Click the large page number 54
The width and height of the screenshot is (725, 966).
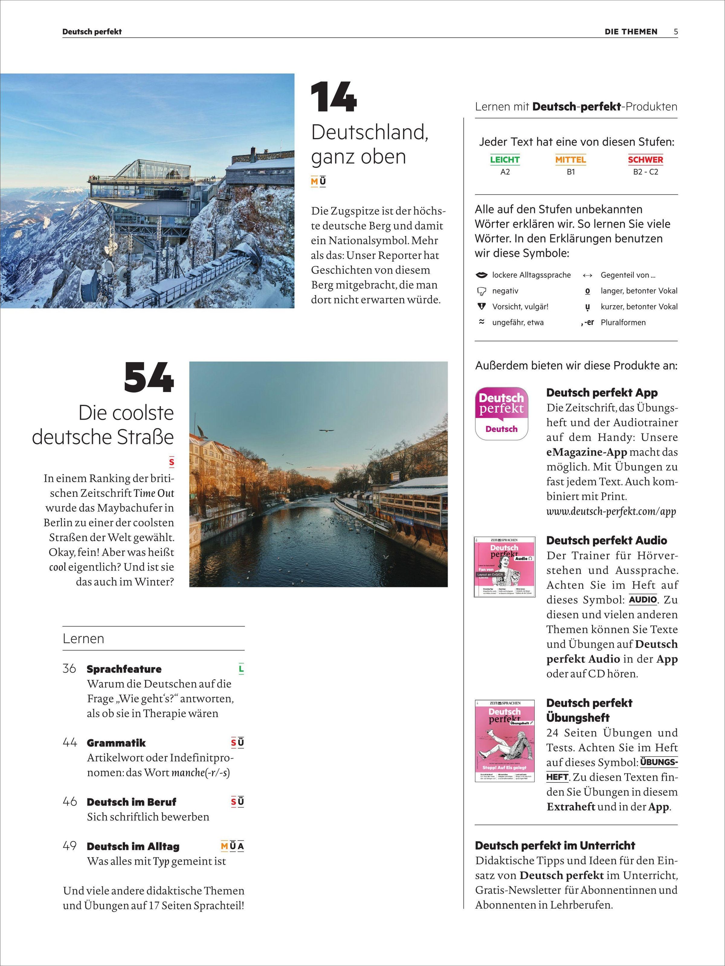click(149, 378)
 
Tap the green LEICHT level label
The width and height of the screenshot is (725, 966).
click(504, 160)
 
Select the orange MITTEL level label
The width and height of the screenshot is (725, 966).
click(570, 160)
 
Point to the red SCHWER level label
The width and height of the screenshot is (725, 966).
click(645, 160)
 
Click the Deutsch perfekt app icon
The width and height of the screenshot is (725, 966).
click(501, 413)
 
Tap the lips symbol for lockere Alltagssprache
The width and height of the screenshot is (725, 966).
click(481, 275)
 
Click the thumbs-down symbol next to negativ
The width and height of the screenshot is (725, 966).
click(482, 291)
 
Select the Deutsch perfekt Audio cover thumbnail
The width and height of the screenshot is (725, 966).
click(504, 567)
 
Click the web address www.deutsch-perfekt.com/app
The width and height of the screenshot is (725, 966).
click(611, 512)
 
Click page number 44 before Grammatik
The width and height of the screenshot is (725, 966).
click(70, 743)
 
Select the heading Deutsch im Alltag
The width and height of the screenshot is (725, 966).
click(133, 846)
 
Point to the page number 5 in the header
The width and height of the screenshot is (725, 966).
click(676, 31)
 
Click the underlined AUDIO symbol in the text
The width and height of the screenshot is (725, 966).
click(643, 600)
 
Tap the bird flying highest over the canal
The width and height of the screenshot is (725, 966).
click(326, 431)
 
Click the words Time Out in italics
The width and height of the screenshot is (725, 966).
click(154, 493)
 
